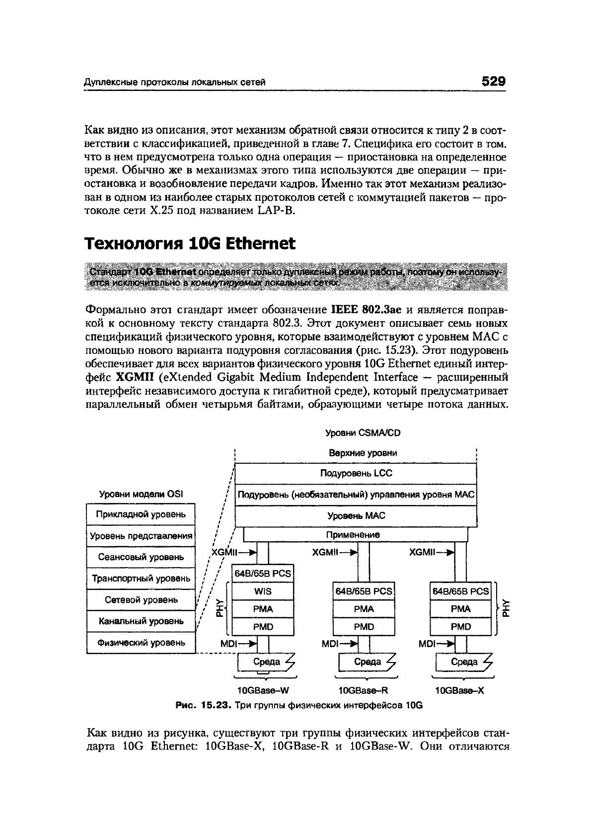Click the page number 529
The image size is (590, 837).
click(x=493, y=81)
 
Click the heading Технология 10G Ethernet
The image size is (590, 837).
click(x=190, y=244)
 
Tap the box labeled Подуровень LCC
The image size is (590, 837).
click(x=356, y=473)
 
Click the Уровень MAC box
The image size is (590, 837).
click(x=356, y=516)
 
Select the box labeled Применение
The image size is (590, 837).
click(x=353, y=535)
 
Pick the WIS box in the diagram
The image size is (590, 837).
click(x=263, y=591)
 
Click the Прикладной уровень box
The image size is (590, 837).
click(x=141, y=514)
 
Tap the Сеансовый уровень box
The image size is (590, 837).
click(x=141, y=557)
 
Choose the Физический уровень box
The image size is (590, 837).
click(x=141, y=643)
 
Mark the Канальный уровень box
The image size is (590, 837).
click(x=141, y=621)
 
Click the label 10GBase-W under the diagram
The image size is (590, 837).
click(x=263, y=690)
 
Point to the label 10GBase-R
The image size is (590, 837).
click(x=363, y=690)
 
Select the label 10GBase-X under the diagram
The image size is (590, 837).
click(x=459, y=690)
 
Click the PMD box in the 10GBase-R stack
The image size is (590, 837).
click(x=364, y=627)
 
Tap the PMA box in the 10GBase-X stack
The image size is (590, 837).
click(x=460, y=609)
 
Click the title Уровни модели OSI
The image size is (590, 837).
click(x=141, y=494)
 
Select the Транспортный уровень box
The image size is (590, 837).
click(x=141, y=579)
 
